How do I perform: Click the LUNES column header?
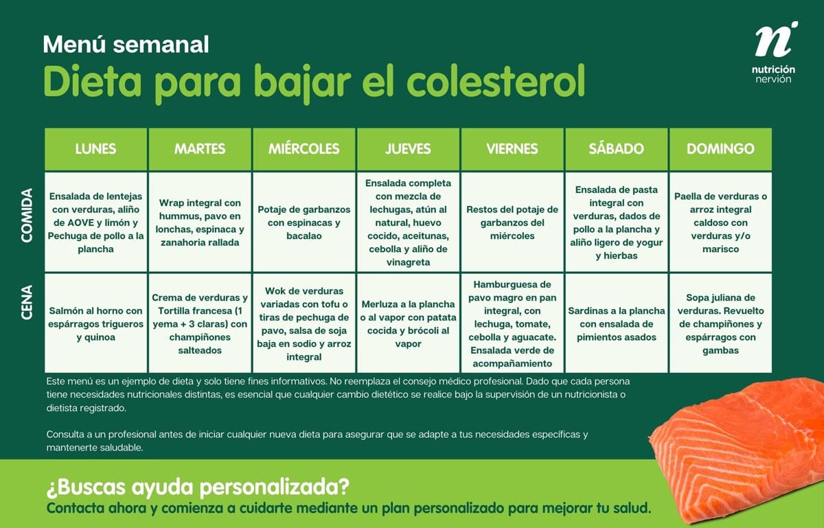(x=95, y=149)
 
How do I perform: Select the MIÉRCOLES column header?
(x=304, y=149)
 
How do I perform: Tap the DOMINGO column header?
(x=720, y=149)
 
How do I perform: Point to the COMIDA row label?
(x=28, y=215)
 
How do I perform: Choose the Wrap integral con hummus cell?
(x=200, y=222)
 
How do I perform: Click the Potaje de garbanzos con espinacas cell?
(x=304, y=222)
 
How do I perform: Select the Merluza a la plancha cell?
(x=408, y=323)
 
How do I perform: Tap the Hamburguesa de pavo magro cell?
(x=512, y=323)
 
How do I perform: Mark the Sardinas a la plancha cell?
(x=616, y=323)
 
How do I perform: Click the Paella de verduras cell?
(x=720, y=222)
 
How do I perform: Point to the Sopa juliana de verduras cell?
(x=720, y=323)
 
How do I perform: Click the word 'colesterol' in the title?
(x=495, y=82)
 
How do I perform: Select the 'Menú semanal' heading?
(x=126, y=45)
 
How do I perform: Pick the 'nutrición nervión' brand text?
(x=775, y=74)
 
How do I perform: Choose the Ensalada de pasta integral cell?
(x=616, y=222)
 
